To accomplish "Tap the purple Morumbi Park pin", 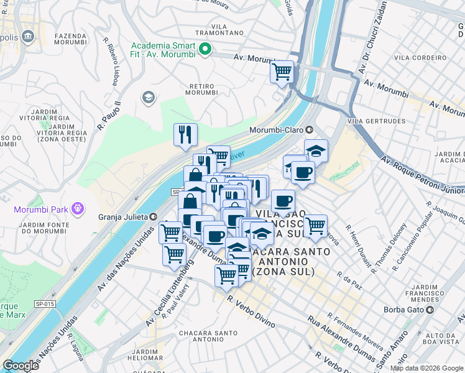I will click(x=77, y=208).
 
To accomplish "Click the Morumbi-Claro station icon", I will click(x=309, y=131).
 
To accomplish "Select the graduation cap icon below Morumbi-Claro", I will click(x=316, y=150).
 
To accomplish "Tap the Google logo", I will click(x=21, y=366).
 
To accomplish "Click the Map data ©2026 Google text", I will click(x=426, y=368).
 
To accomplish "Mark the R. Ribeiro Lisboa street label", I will click(x=114, y=65).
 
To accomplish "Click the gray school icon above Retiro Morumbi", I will click(x=148, y=97).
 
